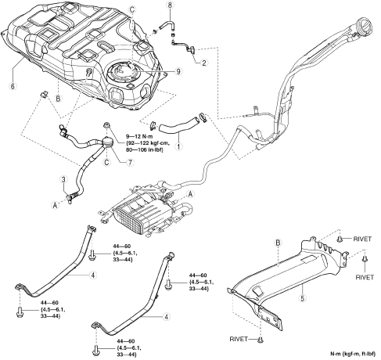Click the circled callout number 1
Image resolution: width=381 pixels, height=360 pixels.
click(x=178, y=146)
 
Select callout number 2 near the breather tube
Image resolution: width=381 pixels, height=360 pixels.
click(x=204, y=63)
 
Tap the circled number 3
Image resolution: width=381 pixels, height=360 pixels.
click(x=63, y=179)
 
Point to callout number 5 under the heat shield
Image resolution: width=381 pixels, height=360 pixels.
click(x=303, y=298)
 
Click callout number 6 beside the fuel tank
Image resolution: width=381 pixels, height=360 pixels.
click(x=13, y=86)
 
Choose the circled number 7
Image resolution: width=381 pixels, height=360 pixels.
click(x=130, y=162)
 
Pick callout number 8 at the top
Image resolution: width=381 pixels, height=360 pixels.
click(x=171, y=5)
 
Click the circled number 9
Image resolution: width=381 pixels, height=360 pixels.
click(x=178, y=71)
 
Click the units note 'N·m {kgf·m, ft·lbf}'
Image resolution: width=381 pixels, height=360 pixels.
click(x=354, y=354)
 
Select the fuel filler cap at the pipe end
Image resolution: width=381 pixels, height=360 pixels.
click(x=364, y=27)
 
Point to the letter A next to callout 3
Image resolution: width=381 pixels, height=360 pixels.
click(x=55, y=206)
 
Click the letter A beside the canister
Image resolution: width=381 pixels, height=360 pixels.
click(x=191, y=194)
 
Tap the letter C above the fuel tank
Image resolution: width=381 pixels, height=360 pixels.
click(x=132, y=9)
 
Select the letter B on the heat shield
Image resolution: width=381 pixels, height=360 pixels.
click(x=278, y=243)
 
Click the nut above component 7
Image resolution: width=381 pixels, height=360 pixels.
click(x=106, y=125)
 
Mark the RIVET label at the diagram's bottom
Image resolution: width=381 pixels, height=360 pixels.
click(x=239, y=339)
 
